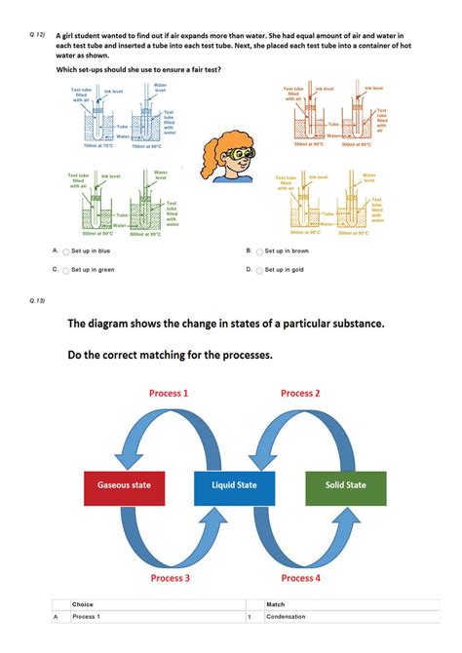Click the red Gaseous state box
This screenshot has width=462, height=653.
pos(131,485)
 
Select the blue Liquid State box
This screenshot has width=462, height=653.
pos(234,485)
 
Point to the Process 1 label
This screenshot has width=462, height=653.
pos(169,393)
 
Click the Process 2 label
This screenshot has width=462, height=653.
pos(300,393)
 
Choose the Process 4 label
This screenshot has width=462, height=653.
pos(301,578)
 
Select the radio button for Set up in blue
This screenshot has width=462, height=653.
pos(65,250)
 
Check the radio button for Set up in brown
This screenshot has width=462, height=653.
pos(259,250)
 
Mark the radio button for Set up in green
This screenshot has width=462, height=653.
pos(65,270)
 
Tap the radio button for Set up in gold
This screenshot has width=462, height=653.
pos(259,270)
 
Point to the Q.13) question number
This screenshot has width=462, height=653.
pos(38,299)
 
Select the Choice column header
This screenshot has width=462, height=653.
pos(83,605)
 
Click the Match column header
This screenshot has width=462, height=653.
pos(275,605)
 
